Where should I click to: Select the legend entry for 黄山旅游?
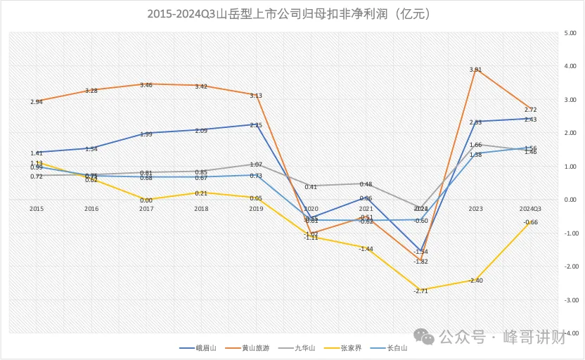pos(249,347)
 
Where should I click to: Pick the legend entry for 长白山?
pos(389,347)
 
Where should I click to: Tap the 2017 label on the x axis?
pos(146,209)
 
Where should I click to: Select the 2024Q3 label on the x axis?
pos(532,209)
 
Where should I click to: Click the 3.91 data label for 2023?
pos(475,70)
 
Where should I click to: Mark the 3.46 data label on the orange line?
pos(146,85)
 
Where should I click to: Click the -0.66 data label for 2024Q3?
pos(531,222)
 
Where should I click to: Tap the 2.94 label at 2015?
pos(37,102)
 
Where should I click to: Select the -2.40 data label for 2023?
pos(475,281)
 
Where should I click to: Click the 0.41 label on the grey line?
pos(311,187)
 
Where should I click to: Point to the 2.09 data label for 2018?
pos(200,131)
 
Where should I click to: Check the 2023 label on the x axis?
pos(476,209)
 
